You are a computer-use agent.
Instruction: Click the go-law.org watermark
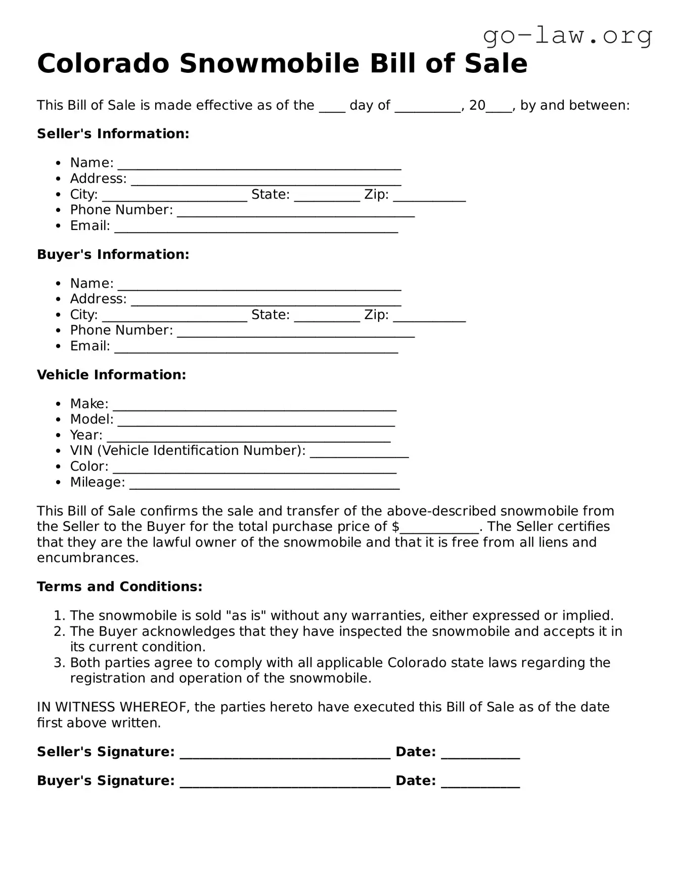coord(567,36)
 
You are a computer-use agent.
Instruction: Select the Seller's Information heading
coord(113,134)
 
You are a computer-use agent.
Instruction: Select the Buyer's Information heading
coord(113,254)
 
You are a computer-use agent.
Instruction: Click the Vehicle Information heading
coord(111,375)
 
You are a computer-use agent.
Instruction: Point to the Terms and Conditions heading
coord(119,586)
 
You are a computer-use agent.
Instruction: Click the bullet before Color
coord(59,467)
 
